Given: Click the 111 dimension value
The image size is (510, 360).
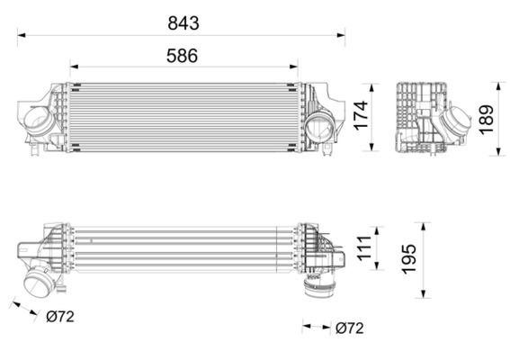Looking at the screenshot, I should coord(362,247).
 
